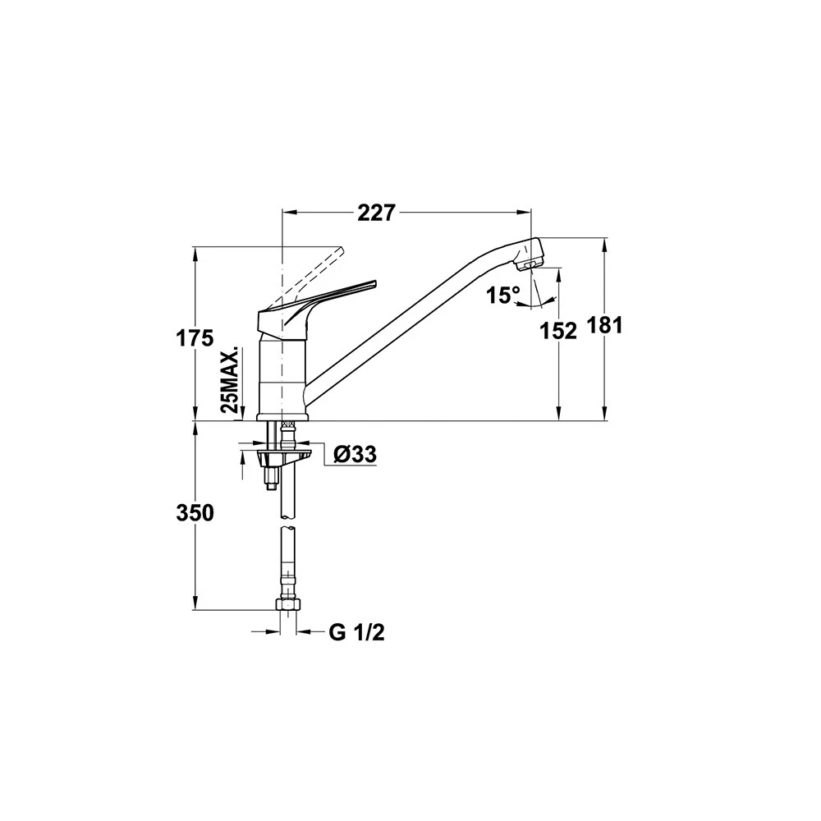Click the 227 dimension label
[x=375, y=213]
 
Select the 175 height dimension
[x=195, y=339]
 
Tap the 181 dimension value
[x=604, y=326]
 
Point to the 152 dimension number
[x=558, y=331]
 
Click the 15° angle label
[x=503, y=296]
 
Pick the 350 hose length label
[x=195, y=513]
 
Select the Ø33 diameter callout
[x=355, y=455]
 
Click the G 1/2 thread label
[x=357, y=632]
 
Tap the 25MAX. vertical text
[x=229, y=379]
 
